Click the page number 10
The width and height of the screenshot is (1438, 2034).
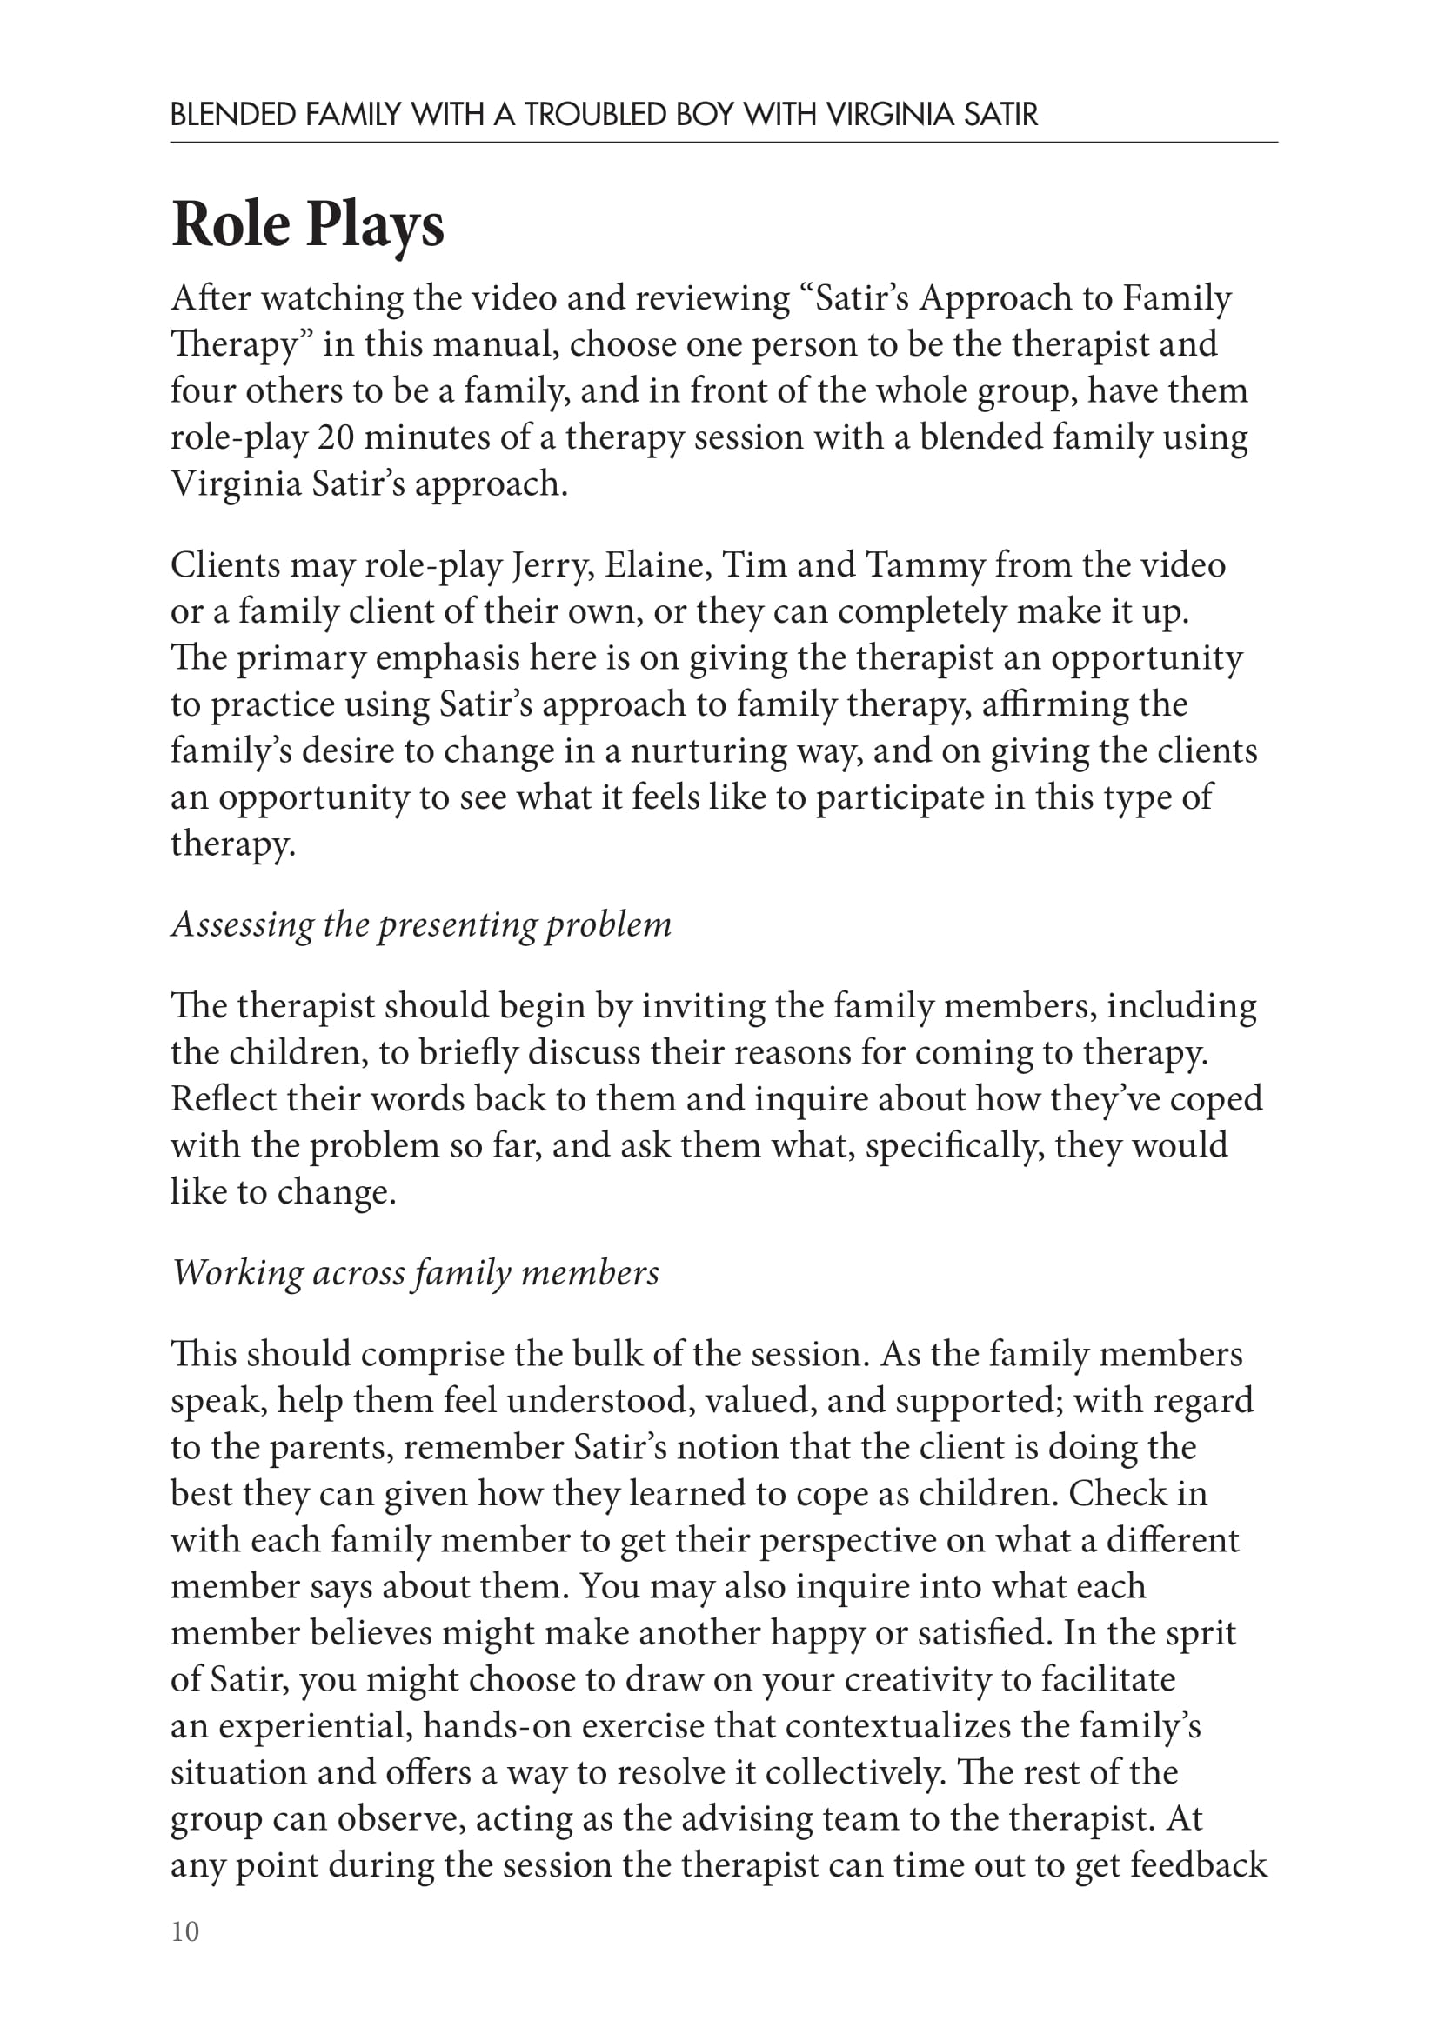185,1931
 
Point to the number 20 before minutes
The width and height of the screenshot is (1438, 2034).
336,437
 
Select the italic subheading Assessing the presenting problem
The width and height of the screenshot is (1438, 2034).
421,924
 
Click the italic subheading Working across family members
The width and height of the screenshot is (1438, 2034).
415,1272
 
